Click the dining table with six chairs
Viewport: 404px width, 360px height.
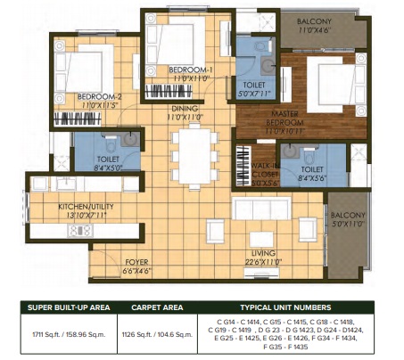[194, 153]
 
